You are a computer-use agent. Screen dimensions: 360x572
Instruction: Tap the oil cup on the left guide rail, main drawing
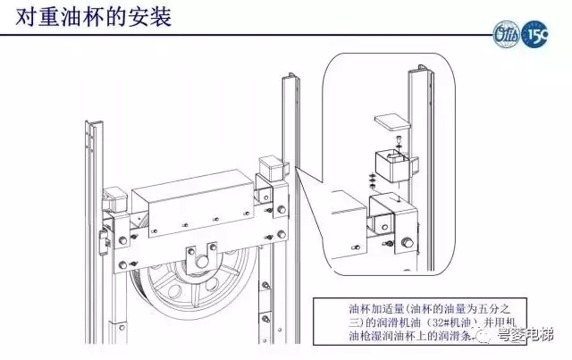[x=114, y=200]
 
